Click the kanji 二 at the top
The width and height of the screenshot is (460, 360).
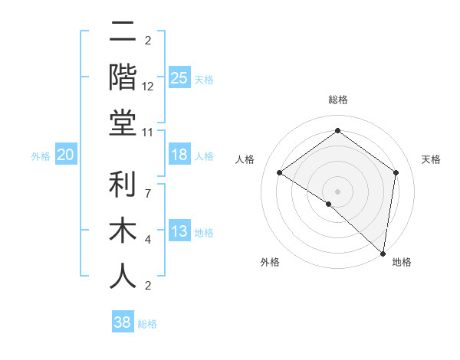pos(123,32)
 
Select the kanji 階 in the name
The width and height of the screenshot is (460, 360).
pos(123,77)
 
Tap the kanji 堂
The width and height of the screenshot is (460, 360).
pos(123,122)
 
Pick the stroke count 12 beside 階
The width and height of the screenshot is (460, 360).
pos(148,86)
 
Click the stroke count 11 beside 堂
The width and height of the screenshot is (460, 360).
pos(148,132)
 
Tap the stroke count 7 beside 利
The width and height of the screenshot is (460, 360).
pos(148,185)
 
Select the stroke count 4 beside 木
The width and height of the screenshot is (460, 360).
pos(148,240)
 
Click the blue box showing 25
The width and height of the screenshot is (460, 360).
pos(179,78)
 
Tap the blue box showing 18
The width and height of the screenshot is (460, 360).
pos(179,155)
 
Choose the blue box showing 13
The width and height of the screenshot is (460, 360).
pos(179,231)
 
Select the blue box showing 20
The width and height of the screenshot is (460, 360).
pos(65,155)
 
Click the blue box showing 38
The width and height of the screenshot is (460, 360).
pos(123,322)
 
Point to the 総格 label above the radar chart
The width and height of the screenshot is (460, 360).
pos(337,100)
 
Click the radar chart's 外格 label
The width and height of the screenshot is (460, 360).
pos(270,263)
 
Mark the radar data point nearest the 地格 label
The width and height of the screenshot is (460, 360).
pos(383,253)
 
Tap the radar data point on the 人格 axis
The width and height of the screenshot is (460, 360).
pos(280,173)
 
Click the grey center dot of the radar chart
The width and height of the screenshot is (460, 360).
pos(337,191)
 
